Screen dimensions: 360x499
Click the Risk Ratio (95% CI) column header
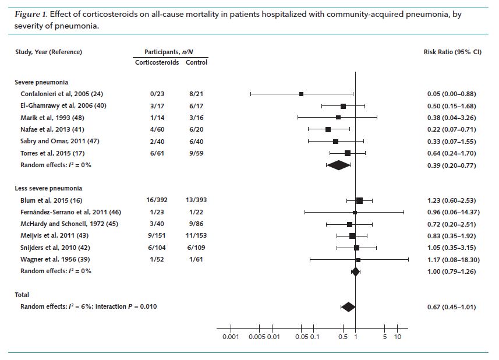point(452,52)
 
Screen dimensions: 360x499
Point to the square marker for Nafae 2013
point(328,129)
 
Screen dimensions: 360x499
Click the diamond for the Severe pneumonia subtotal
point(338,165)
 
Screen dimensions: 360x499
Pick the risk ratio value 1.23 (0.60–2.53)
point(452,200)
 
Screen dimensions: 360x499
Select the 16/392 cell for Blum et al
point(157,200)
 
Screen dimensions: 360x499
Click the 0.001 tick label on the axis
point(231,337)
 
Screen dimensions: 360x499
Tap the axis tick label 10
point(398,337)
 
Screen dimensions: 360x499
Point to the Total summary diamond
point(348,307)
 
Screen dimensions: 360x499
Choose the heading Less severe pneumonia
point(48,188)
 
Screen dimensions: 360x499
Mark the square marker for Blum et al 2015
point(359,200)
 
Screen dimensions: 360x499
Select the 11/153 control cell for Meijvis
point(196,235)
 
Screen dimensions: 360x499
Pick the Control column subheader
point(196,62)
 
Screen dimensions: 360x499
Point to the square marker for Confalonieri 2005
point(302,94)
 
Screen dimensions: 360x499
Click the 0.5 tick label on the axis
point(342,337)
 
